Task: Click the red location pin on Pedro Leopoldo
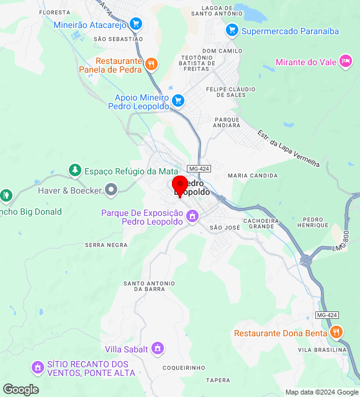point(180,185)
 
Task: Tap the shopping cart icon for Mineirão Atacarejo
point(136,25)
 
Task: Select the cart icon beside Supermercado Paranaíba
point(232,30)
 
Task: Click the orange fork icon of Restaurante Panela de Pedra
point(151,65)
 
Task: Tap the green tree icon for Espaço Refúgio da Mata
point(75,170)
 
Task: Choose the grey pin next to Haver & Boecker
point(111,190)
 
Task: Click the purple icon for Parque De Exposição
point(192,216)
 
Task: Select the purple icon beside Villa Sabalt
point(158,349)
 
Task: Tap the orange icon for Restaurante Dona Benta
point(336,332)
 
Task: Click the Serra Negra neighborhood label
point(106,245)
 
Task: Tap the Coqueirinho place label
point(184,368)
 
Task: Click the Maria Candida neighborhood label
point(253,176)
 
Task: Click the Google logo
point(20,390)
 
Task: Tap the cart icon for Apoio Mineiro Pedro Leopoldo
point(178,100)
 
